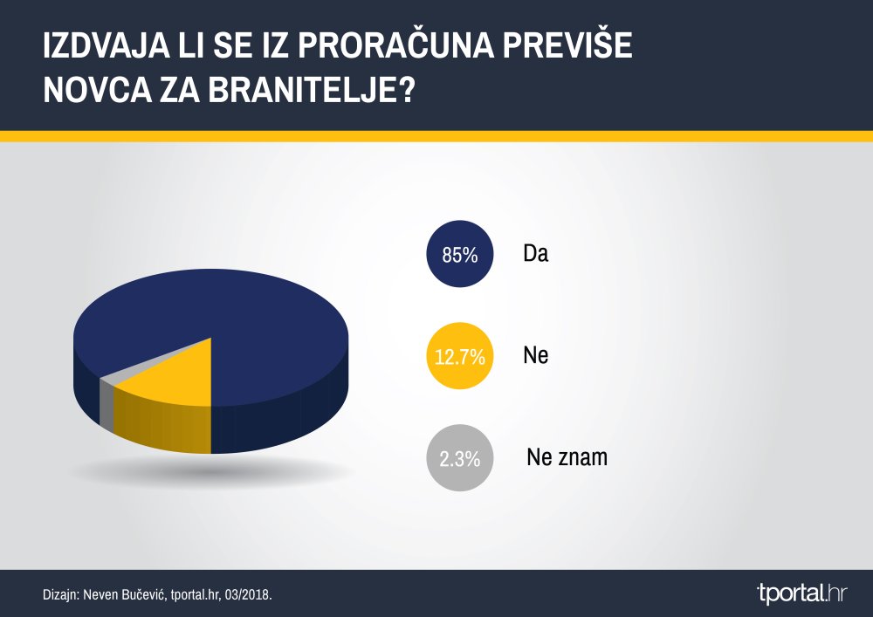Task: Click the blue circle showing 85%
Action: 460,254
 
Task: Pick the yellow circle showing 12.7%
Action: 460,355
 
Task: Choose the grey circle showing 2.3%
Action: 460,458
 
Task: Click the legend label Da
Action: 536,254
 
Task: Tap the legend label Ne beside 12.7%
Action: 536,355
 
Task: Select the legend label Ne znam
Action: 567,457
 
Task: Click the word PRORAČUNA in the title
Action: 395,45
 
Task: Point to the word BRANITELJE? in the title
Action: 313,90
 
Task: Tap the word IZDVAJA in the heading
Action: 107,45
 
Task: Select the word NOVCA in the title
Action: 98,90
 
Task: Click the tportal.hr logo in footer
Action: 801,593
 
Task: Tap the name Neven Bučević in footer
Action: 125,594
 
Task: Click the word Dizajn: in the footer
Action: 61,594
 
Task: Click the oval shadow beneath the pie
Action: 211,472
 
